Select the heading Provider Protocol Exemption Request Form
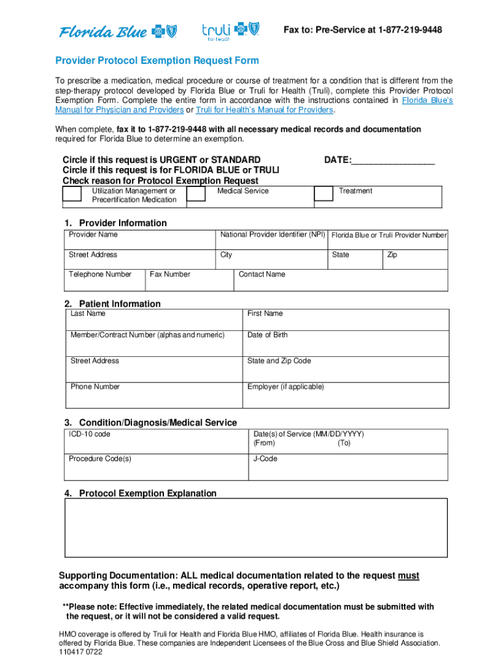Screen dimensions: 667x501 click(157, 61)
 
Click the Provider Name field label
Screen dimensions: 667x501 click(93, 234)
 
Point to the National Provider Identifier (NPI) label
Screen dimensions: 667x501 click(273, 234)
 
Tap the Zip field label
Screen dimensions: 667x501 click(392, 255)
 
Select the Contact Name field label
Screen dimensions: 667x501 click(262, 274)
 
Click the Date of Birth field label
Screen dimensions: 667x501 click(267, 335)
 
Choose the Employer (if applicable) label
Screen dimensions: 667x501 click(285, 387)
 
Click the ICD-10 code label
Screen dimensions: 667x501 click(90, 434)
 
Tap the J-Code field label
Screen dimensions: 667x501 click(265, 459)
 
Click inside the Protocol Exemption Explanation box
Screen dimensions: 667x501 click(256, 528)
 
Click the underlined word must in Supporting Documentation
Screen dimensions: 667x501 click(409, 576)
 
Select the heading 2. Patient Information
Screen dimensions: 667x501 click(112, 304)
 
